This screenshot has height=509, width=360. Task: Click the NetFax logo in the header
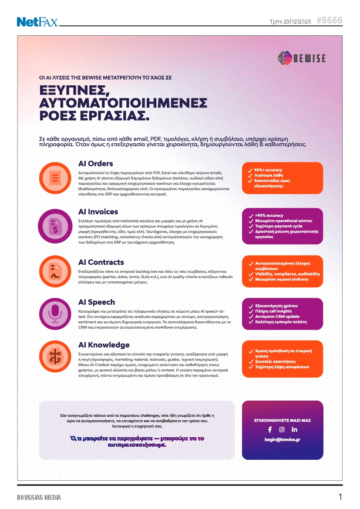tap(37, 21)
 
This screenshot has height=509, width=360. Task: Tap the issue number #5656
tap(329, 20)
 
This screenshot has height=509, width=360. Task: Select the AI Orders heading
tap(95, 164)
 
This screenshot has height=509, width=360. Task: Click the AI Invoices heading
tap(98, 212)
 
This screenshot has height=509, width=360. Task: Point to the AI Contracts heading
tap(101, 262)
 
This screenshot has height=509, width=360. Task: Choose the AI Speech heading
tap(97, 302)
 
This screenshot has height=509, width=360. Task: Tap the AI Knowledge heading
tap(104, 345)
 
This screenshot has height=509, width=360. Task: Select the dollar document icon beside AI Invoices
tap(55, 226)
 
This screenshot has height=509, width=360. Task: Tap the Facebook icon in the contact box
tap(270, 429)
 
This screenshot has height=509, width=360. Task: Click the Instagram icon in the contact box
tap(282, 429)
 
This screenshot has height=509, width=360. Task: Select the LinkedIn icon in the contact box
tap(294, 429)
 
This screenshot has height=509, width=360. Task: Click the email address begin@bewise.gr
tap(282, 440)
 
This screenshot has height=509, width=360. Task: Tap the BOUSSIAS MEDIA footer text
tap(39, 497)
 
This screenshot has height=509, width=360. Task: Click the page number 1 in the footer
tap(340, 497)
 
